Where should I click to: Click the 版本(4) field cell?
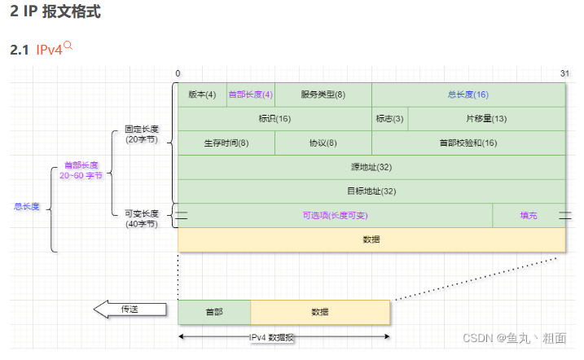point(202,94)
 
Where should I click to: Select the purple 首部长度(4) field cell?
point(251,94)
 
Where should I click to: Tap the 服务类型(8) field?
point(323,94)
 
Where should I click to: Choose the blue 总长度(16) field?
point(468,94)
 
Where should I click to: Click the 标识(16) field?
point(274,119)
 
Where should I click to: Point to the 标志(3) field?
point(389,119)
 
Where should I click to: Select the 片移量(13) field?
point(486,119)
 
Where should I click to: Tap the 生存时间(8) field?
point(226,143)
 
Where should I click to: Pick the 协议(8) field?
point(323,143)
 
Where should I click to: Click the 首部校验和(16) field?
point(468,143)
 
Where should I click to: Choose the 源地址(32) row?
point(371,167)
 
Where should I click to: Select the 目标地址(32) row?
point(371,191)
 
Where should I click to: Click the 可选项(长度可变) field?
point(336,216)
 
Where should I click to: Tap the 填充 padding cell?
point(529,216)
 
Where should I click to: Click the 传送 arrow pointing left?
point(130,310)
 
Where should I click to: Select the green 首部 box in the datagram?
point(214,312)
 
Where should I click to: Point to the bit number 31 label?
point(564,73)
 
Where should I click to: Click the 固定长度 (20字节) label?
point(142,134)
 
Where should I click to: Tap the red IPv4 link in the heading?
point(49,50)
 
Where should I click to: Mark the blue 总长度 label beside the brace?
point(27,206)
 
